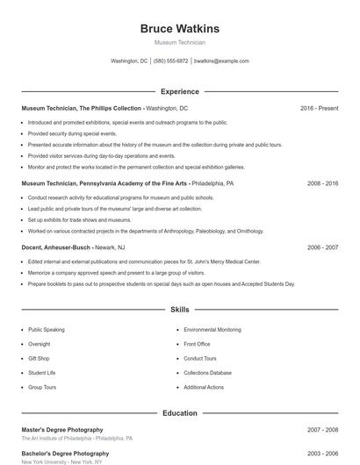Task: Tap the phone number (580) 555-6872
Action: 170,61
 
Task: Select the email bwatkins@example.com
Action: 221,61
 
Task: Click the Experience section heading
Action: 179,91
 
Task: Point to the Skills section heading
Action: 179,310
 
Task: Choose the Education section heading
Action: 179,412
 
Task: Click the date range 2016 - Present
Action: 319,108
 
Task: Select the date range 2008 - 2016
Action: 322,184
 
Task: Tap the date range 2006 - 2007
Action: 322,248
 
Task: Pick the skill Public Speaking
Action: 47,330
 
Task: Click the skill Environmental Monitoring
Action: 212,330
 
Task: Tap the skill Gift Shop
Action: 39,359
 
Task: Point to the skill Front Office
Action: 197,344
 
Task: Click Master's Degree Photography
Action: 61,430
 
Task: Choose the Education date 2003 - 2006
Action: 322,454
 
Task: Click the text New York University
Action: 45,461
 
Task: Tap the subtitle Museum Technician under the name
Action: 179,42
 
